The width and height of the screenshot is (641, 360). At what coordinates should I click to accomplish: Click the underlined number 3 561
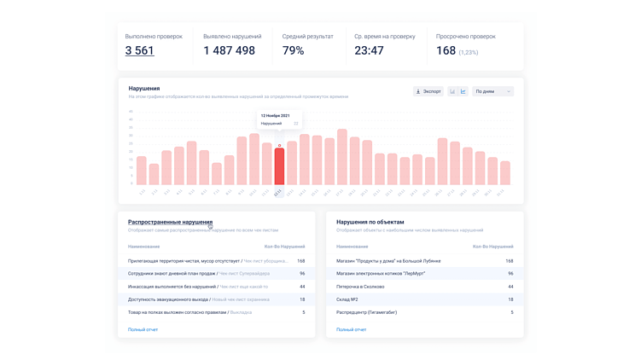pyautogui.click(x=139, y=51)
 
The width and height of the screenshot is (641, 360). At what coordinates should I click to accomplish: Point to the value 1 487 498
pyautogui.click(x=229, y=51)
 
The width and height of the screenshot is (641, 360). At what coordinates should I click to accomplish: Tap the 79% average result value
pyautogui.click(x=293, y=51)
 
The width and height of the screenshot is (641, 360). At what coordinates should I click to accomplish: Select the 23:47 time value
pyautogui.click(x=369, y=51)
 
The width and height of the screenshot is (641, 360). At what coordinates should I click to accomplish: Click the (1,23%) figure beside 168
pyautogui.click(x=469, y=53)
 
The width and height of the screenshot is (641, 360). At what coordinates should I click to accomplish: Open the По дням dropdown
pyautogui.click(x=492, y=91)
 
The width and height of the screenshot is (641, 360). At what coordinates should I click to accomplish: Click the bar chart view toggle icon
pyautogui.click(x=453, y=91)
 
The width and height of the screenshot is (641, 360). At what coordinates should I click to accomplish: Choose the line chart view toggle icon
pyautogui.click(x=463, y=91)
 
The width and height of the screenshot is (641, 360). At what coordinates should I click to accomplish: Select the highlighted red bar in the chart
pyautogui.click(x=279, y=166)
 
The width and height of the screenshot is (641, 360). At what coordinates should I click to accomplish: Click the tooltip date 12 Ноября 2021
pyautogui.click(x=276, y=115)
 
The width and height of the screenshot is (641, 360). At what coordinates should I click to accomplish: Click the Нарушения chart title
pyautogui.click(x=144, y=89)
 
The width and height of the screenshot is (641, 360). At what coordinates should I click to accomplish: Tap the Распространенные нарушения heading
pyautogui.click(x=170, y=222)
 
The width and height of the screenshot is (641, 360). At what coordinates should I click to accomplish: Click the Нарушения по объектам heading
pyautogui.click(x=370, y=222)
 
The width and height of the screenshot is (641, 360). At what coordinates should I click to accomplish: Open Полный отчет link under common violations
pyautogui.click(x=143, y=329)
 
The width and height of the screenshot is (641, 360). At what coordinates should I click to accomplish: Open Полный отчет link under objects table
pyautogui.click(x=351, y=329)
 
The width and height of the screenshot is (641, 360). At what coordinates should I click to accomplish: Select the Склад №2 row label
pyautogui.click(x=347, y=299)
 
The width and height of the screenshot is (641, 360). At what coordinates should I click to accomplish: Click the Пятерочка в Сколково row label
pyautogui.click(x=360, y=287)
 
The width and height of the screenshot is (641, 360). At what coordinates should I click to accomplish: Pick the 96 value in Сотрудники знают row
pyautogui.click(x=302, y=274)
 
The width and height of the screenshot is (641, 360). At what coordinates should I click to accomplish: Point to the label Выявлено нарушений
pyautogui.click(x=232, y=37)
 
